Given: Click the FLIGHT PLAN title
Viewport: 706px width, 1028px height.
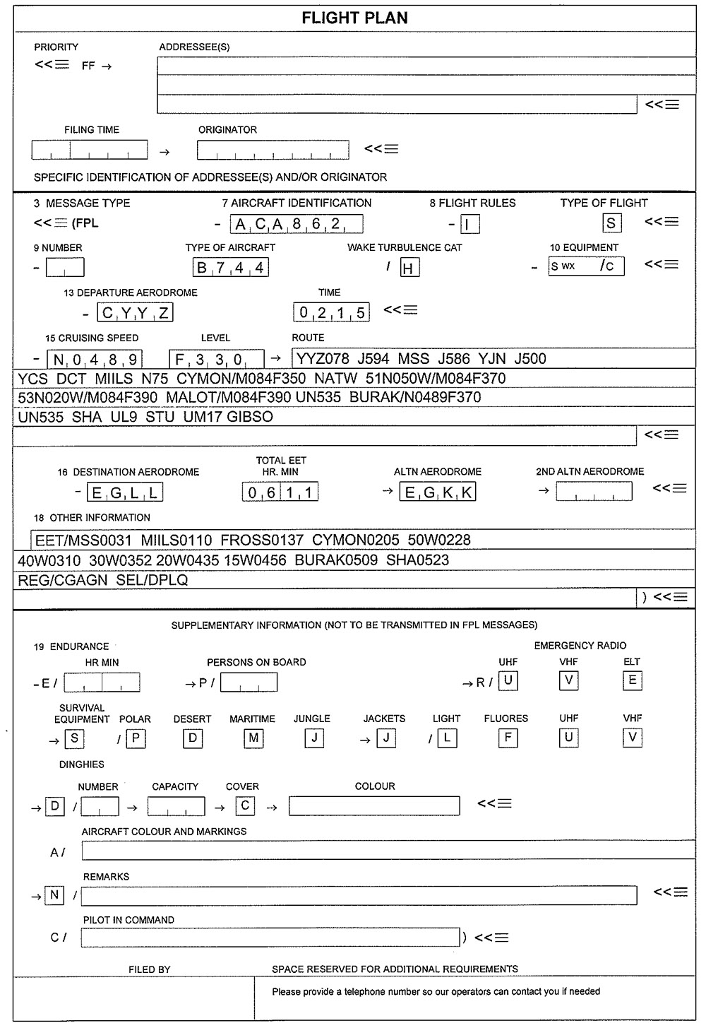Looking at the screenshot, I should tap(354, 18).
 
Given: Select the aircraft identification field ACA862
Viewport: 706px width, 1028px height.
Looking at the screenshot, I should tap(297, 225).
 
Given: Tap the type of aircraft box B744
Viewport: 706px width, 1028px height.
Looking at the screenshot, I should tap(231, 268).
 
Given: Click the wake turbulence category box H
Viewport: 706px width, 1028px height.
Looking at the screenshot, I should tap(409, 268).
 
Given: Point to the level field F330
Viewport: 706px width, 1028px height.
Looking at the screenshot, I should tap(217, 359).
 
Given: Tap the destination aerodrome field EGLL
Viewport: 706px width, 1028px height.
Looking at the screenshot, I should tap(125, 492).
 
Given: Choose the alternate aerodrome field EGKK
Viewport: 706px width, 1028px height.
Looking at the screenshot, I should tap(438, 492).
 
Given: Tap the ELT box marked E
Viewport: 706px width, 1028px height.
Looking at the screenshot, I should tap(632, 680).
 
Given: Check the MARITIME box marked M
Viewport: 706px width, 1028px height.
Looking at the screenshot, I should tap(253, 738).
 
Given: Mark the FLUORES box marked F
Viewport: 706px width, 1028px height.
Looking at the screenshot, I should tap(507, 738).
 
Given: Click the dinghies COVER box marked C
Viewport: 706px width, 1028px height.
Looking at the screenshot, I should tap(245, 805).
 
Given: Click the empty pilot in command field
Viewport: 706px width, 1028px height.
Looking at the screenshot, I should tap(270, 938).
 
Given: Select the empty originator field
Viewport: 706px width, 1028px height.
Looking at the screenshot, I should tap(273, 150).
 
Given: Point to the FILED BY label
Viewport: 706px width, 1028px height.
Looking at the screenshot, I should tap(149, 969).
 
